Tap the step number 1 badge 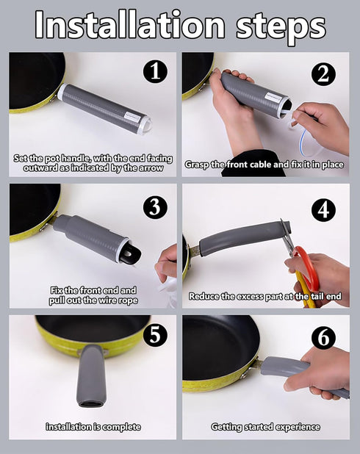click(155, 71)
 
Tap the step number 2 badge click(323, 73)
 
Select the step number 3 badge click(155, 206)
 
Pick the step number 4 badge click(323, 209)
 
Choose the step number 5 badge click(155, 335)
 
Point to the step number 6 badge click(323, 337)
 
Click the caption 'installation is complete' click(93, 427)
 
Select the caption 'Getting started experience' click(265, 427)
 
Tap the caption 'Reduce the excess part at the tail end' click(265, 297)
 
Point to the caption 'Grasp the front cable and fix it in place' click(264, 165)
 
